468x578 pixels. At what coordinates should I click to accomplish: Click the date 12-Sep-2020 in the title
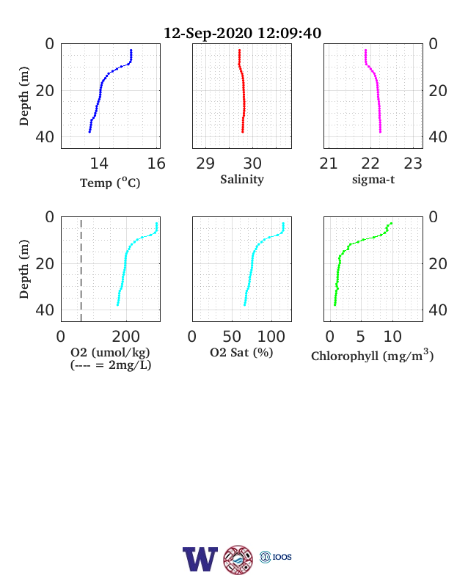[208, 33]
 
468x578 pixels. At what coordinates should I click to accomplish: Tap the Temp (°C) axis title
[110, 183]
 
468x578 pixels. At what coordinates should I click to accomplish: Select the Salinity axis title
[242, 180]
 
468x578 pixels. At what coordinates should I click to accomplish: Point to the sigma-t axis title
[373, 180]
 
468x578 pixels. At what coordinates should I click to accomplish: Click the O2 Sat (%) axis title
[241, 352]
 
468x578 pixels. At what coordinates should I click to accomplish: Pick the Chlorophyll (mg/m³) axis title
[372, 355]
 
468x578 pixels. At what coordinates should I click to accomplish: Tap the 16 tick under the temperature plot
[156, 164]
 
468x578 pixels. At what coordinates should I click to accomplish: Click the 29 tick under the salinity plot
[205, 164]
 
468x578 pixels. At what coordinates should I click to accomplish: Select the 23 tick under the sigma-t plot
[413, 164]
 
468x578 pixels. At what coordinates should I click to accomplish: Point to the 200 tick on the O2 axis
[126, 337]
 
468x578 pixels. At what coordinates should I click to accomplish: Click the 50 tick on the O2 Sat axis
[232, 337]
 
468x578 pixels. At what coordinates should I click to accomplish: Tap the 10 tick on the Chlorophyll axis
[392, 337]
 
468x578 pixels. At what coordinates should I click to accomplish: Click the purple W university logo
[200, 559]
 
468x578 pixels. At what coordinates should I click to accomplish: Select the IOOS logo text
[282, 557]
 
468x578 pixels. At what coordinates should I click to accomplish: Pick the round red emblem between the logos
[238, 560]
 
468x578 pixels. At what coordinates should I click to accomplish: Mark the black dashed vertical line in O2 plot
[81, 269]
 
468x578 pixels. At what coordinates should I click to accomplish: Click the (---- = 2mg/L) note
[111, 365]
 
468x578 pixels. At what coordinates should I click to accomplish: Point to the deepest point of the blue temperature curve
[89, 131]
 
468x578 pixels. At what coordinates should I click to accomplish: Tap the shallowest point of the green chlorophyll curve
[392, 223]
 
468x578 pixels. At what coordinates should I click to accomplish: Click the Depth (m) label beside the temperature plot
[24, 96]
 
